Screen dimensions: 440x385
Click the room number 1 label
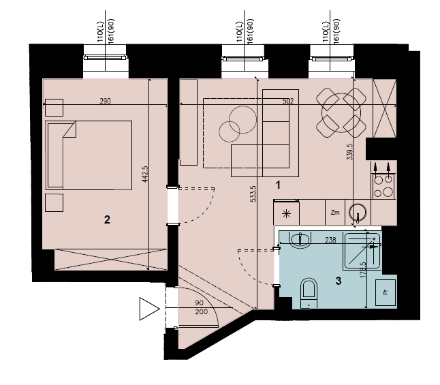coord(278,185)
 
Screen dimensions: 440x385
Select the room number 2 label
coord(107,219)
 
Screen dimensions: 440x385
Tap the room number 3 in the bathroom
coord(339,281)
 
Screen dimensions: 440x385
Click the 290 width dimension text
coord(105,101)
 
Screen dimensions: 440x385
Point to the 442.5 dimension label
coord(145,174)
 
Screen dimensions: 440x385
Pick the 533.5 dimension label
coord(253,194)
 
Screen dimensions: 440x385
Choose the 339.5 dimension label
coord(349,152)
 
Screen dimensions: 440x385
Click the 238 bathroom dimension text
coord(330,240)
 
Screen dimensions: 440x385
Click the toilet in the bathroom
coord(309,293)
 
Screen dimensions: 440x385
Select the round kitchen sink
coord(358,213)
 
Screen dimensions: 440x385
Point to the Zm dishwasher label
coord(335,213)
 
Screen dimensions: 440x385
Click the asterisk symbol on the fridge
coord(286,214)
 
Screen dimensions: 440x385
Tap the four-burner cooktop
coord(383,186)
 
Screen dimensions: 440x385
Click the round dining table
coord(341,113)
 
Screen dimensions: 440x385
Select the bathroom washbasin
coord(300,241)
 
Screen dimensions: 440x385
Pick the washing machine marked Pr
coord(386,292)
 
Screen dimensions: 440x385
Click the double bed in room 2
coord(89,155)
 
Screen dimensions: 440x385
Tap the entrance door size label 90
coord(199,303)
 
